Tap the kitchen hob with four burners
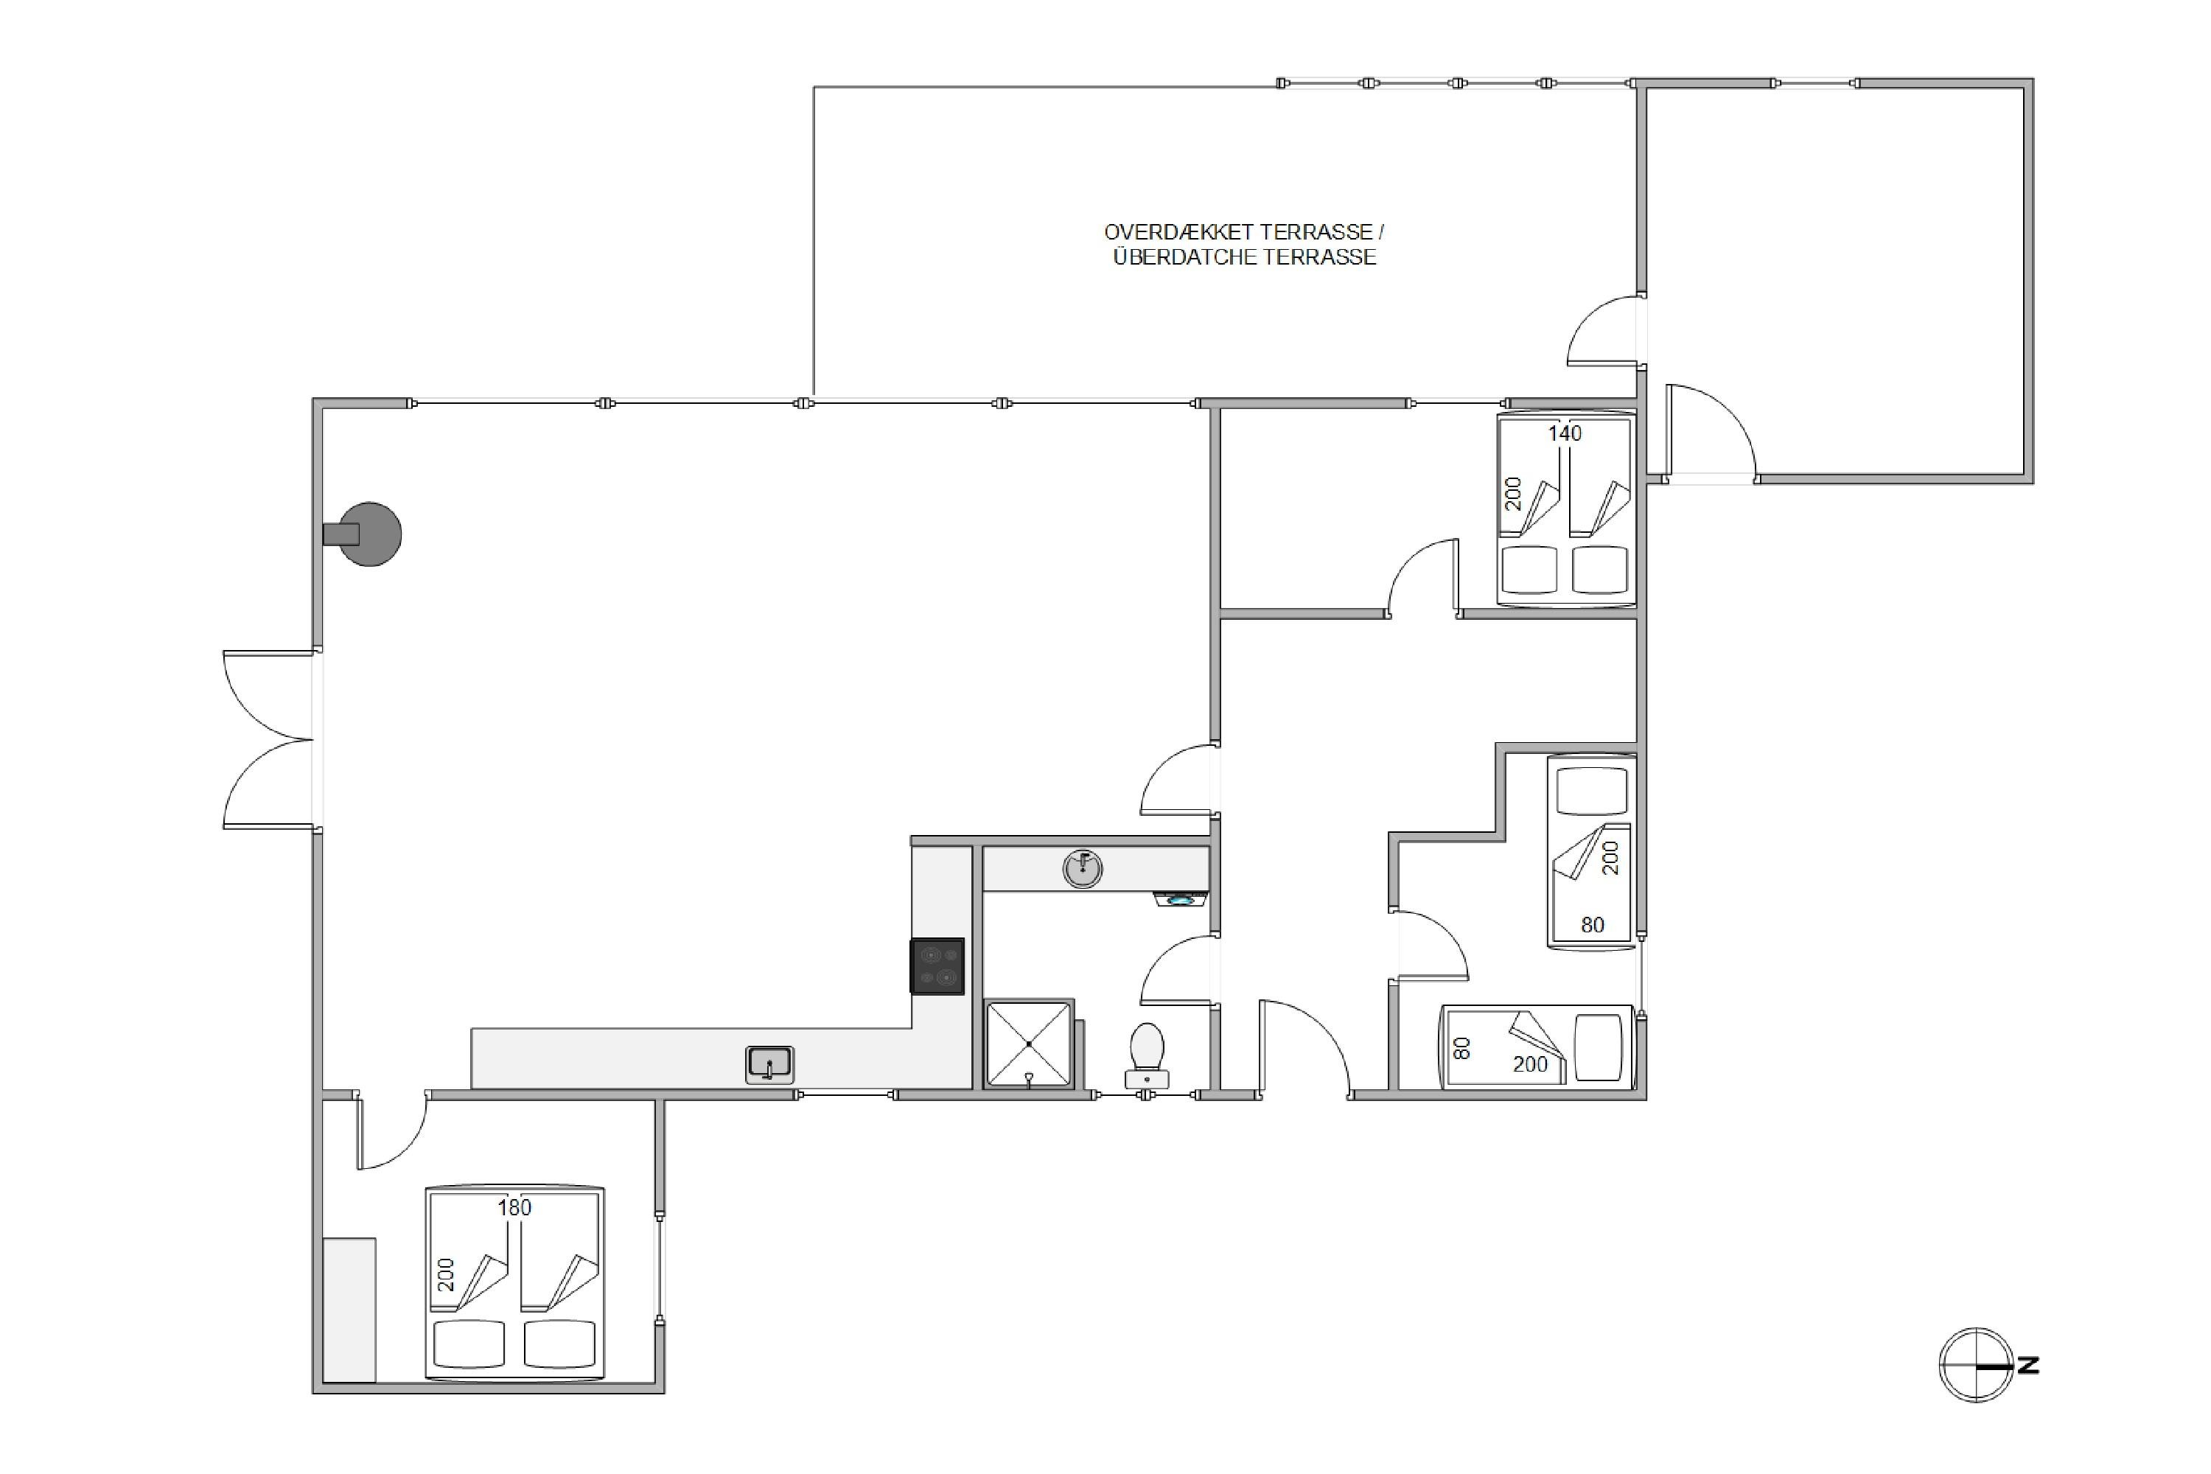(x=937, y=966)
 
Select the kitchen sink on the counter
(x=770, y=1065)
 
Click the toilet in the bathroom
(x=1147, y=1055)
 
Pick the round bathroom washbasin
(x=1082, y=869)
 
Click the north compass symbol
(x=1976, y=1366)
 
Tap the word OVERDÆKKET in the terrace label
(x=1178, y=231)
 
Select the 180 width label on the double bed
(x=514, y=1207)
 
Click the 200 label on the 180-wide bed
(x=446, y=1275)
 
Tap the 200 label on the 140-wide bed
(x=1512, y=494)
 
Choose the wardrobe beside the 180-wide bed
(x=349, y=1310)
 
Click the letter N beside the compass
(x=2029, y=1365)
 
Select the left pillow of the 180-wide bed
(x=468, y=1344)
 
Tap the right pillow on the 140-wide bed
(x=1600, y=570)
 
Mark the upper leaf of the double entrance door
(x=268, y=696)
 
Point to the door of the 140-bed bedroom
(x=1423, y=577)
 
